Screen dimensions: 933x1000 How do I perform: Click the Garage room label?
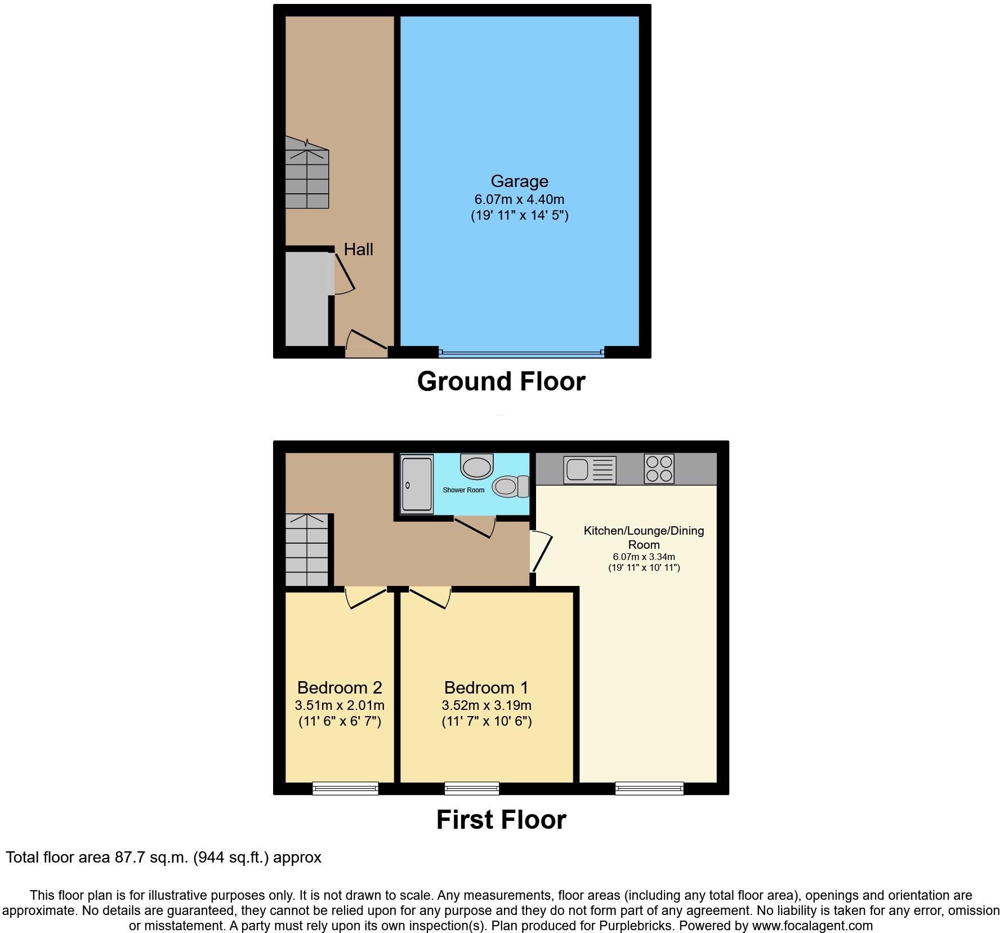pyautogui.click(x=519, y=181)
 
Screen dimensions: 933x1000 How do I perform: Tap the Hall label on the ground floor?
pyautogui.click(x=358, y=250)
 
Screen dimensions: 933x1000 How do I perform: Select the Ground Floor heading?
pyautogui.click(x=501, y=381)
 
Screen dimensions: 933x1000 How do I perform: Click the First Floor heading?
pyautogui.click(x=501, y=820)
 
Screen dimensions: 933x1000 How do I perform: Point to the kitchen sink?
pyautogui.click(x=590, y=470)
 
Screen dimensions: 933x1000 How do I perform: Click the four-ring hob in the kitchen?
pyautogui.click(x=659, y=469)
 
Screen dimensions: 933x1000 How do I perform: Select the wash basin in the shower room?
pyautogui.click(x=476, y=466)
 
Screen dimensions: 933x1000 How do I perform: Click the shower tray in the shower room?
pyautogui.click(x=417, y=485)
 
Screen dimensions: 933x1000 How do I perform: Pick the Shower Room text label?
pyautogui.click(x=463, y=490)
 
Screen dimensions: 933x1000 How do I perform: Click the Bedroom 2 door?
pyautogui.click(x=367, y=598)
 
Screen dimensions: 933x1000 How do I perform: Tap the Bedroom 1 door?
pyautogui.click(x=430, y=598)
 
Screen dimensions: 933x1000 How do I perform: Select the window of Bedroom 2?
pyautogui.click(x=345, y=788)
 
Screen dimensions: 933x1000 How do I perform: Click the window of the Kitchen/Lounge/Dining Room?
pyautogui.click(x=649, y=788)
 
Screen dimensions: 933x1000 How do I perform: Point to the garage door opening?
pyautogui.click(x=521, y=353)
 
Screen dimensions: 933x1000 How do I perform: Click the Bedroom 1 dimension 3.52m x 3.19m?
pyautogui.click(x=486, y=705)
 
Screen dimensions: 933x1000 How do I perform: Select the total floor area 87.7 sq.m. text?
pyautogui.click(x=163, y=858)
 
